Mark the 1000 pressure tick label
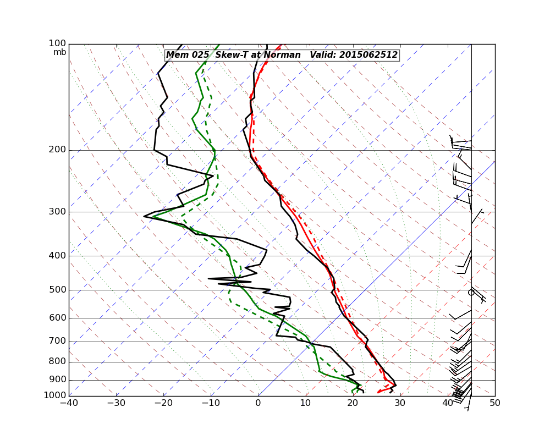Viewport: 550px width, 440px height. (56, 396)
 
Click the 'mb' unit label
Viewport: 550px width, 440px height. (59, 52)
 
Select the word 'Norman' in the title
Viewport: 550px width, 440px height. (284, 55)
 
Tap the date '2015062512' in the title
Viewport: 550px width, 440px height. (368, 55)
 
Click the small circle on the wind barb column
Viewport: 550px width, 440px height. (471, 293)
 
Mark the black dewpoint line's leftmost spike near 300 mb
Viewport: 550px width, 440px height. (144, 216)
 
